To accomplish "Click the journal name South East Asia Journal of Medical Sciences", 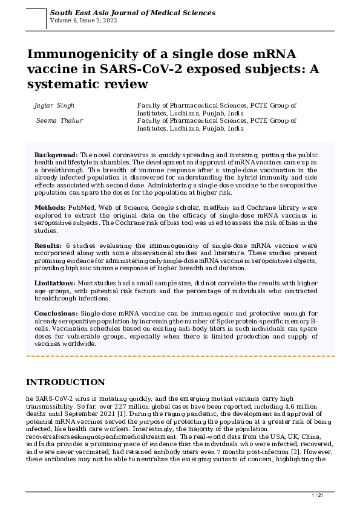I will click(x=132, y=12).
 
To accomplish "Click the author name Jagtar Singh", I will click(x=54, y=105).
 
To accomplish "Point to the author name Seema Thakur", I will click(x=59, y=120).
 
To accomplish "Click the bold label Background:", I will click(x=56, y=155).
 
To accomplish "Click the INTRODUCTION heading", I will click(x=66, y=382).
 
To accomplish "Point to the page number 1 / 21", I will click(x=318, y=496).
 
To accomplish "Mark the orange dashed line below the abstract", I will click(x=180, y=356).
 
